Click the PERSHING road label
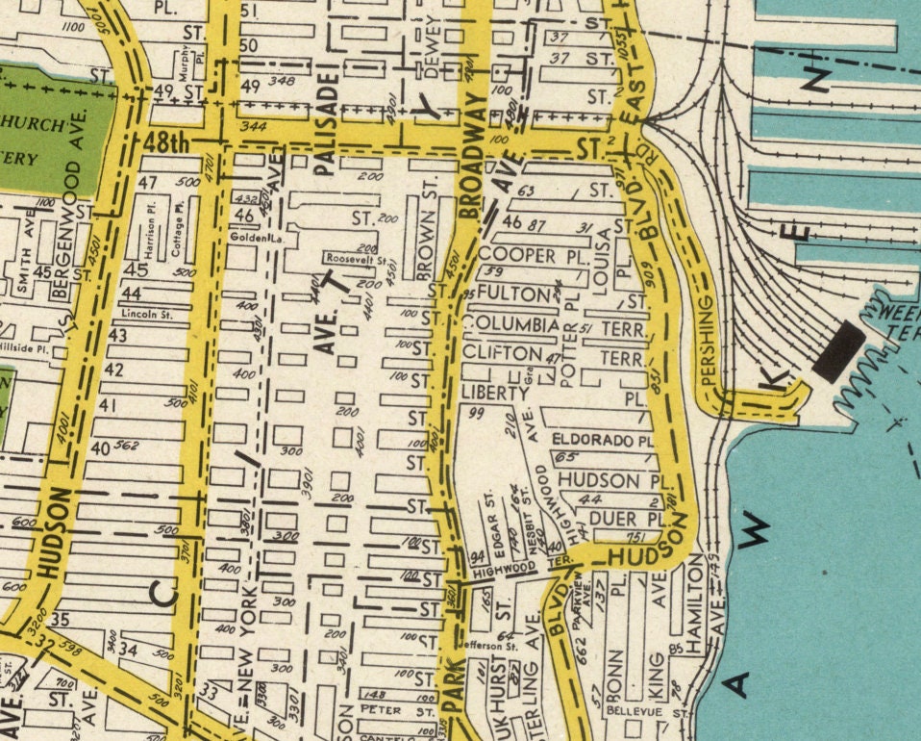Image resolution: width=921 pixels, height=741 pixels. coord(709,343)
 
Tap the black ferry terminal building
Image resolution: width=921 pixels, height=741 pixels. coord(837,349)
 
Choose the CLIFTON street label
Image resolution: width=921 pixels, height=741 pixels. coord(502,353)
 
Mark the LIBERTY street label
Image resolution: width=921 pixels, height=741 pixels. coord(495,394)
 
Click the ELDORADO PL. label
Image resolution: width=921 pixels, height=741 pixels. coord(603,440)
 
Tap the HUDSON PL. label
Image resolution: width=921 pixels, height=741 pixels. coord(611,479)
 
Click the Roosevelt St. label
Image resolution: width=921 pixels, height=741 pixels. coord(355,260)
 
